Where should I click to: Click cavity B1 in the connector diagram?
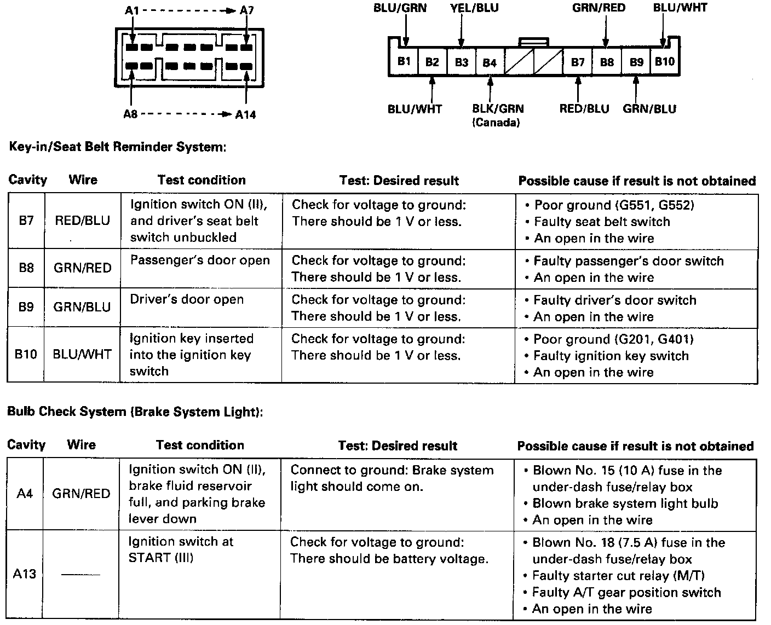pos(404,61)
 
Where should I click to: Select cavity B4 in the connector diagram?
pos(490,62)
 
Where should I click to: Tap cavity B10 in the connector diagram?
pos(665,61)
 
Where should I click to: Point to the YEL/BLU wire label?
pos(474,8)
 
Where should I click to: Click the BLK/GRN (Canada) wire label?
pos(498,115)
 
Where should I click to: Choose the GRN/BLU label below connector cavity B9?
pos(649,109)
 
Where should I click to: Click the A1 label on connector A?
pos(131,10)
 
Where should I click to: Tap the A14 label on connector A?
pos(245,115)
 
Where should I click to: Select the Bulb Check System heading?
pos(135,412)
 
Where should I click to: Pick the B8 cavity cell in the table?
pos(26,268)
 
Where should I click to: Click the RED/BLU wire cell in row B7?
pos(82,221)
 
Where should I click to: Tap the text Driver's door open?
pos(187,299)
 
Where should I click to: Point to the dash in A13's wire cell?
pos(80,575)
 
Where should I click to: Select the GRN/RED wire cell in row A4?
pos(81,494)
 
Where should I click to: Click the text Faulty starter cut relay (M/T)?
pos(618,576)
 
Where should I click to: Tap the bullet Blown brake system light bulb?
pos(625,504)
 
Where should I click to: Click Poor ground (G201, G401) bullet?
pos(613,339)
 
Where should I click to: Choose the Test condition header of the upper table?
pos(202,180)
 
